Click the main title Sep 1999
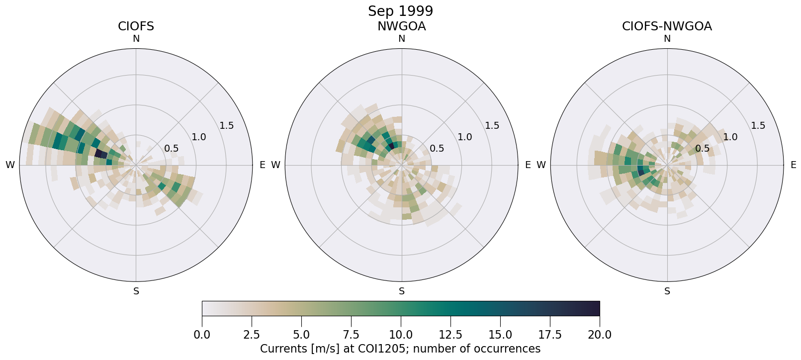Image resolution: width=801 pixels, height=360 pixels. point(400,11)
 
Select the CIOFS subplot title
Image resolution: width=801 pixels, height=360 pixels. point(136,26)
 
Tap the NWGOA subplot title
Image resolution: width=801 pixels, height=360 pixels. point(401,26)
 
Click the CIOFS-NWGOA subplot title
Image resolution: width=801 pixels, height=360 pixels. point(667,26)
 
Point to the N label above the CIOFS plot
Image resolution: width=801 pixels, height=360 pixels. point(136,39)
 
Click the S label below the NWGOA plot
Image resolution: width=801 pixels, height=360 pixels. point(402,291)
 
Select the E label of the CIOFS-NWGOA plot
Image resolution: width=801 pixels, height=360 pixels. point(793,165)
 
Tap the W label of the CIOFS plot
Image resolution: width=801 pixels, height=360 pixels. point(10,165)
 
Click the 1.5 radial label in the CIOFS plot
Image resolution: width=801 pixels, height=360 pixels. point(227,125)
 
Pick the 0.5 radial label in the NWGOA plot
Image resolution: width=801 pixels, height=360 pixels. point(437,148)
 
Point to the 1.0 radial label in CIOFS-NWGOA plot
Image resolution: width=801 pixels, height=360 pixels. point(730,137)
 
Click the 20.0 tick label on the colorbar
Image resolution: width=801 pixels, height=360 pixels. point(600,335)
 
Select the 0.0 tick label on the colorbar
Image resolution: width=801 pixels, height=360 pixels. point(202,335)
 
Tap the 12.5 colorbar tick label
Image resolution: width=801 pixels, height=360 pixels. point(450,335)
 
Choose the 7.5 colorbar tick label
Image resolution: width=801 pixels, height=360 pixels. point(351,335)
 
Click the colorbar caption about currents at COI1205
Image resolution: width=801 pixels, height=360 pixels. point(400,349)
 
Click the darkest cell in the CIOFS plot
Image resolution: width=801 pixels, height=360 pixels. point(101,154)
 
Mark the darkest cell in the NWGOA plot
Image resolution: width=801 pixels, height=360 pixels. point(391,146)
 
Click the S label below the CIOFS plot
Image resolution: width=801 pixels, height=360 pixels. point(136,291)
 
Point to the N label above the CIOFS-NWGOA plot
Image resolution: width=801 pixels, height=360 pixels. point(667,39)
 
